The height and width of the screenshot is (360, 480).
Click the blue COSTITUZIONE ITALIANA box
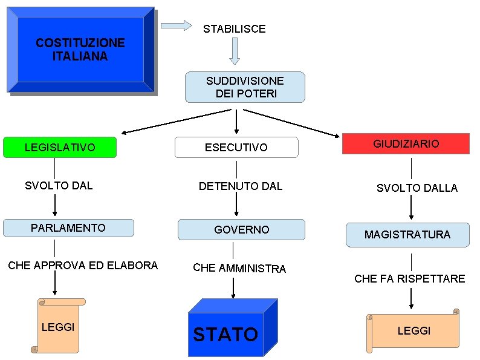(80, 50)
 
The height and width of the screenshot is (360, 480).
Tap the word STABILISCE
(234, 29)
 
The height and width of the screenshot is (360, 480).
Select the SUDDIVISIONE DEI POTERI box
(245, 87)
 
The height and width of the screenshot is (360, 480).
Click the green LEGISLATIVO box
(59, 148)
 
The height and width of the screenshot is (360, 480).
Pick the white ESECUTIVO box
(236, 148)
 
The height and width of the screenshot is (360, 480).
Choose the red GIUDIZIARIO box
(406, 144)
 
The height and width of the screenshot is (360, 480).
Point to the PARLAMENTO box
(68, 228)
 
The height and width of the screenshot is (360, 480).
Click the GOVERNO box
(241, 230)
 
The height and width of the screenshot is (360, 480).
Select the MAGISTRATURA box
(407, 235)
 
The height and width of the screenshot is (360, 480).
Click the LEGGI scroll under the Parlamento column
(58, 327)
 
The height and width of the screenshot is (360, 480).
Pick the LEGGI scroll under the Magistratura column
(414, 330)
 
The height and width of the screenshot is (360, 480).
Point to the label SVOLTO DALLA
(417, 188)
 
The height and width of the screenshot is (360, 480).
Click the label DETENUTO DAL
(241, 186)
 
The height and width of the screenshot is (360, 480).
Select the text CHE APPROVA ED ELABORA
(83, 266)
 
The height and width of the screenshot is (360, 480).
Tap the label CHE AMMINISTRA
(239, 268)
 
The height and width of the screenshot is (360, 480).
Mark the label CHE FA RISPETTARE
(410, 279)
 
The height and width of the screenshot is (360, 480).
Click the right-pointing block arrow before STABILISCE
(176, 25)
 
